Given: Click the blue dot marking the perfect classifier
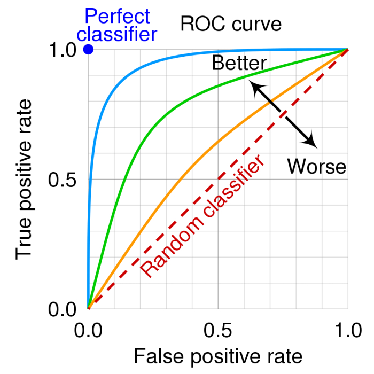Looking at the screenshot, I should click(89, 50).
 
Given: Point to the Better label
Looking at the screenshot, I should click(239, 63).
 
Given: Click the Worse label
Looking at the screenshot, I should click(317, 166).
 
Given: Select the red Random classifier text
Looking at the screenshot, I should click(203, 216).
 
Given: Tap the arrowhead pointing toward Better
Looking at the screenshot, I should click(257, 88).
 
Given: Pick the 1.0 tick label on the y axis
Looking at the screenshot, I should click(64, 50).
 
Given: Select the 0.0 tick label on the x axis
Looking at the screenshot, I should click(89, 332).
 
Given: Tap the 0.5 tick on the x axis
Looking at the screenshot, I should click(218, 332).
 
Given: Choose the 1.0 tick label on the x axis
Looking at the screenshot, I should click(347, 332).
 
